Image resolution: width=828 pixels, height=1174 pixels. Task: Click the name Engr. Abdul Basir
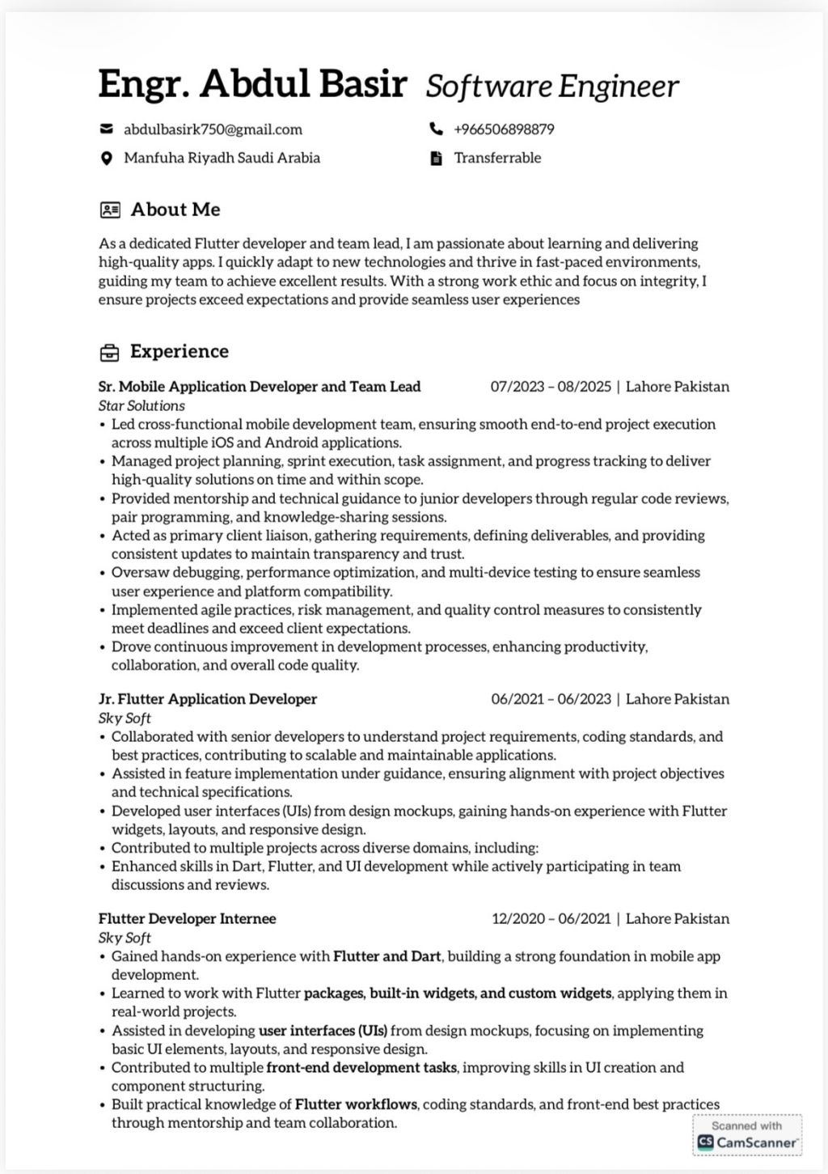point(251,84)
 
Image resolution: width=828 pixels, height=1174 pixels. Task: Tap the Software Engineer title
point(552,86)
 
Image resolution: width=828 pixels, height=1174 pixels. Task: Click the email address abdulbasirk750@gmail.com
point(213,129)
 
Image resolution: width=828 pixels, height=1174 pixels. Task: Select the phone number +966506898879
point(504,129)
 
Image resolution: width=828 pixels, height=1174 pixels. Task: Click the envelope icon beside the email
point(106,129)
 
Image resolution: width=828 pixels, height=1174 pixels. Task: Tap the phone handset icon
point(436,129)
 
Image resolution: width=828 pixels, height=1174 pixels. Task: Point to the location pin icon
point(106,159)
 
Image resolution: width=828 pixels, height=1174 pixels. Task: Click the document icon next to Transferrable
point(436,159)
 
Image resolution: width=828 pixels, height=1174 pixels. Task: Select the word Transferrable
point(497,158)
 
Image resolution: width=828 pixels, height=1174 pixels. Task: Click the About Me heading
point(175,210)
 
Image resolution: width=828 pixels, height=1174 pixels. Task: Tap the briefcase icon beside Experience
point(109,353)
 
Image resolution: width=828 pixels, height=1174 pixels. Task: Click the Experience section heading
point(180,351)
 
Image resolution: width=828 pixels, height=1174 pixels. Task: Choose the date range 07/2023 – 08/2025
point(551,387)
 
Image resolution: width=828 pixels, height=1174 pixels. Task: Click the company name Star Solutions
point(142,405)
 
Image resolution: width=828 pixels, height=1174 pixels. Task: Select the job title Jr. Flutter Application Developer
point(208,699)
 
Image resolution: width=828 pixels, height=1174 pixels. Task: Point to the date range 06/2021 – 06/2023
point(551,699)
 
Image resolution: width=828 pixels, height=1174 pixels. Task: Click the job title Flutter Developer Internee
point(188,919)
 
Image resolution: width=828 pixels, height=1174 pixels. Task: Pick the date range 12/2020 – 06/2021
point(551,919)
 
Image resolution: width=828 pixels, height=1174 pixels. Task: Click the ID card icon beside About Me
point(110,210)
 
